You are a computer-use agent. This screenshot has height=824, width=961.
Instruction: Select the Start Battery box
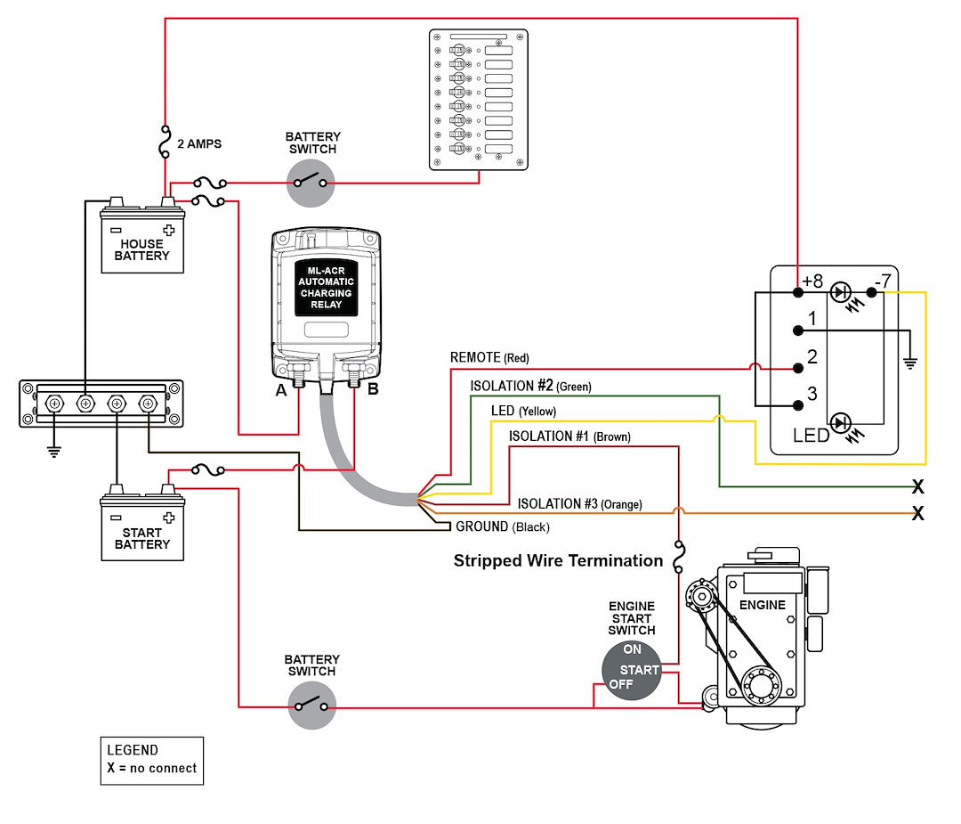point(142,529)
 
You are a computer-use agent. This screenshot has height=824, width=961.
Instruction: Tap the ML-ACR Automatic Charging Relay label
point(326,287)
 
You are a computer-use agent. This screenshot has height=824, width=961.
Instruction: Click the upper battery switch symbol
point(311,185)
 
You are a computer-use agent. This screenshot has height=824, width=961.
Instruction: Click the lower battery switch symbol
point(311,707)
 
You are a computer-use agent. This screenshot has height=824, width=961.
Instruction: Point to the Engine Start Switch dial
point(631,670)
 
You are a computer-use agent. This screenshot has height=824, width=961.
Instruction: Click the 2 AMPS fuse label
point(199,143)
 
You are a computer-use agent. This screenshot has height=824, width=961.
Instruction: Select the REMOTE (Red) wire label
point(489,357)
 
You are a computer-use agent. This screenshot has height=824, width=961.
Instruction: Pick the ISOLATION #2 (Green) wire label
point(530,386)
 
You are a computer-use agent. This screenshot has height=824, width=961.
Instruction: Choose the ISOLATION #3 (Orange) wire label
point(579,504)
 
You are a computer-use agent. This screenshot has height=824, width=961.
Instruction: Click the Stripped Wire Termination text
point(558,560)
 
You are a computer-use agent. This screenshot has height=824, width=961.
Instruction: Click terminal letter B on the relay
point(373,388)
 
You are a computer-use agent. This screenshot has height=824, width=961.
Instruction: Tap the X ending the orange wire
point(917,514)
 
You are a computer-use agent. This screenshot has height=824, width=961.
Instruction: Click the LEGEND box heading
point(133,750)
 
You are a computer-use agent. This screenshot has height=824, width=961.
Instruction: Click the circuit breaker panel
point(478,99)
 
